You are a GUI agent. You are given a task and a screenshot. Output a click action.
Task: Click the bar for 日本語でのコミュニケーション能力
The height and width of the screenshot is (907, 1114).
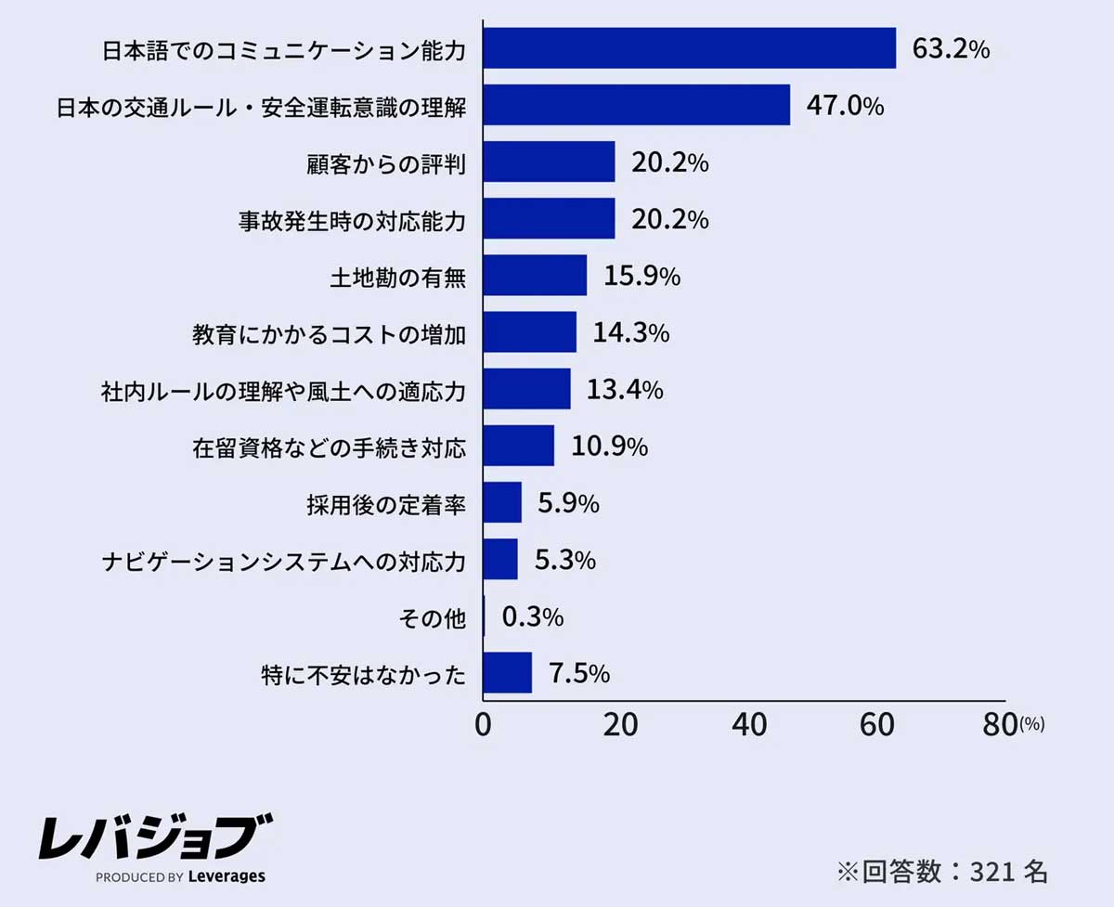click(690, 48)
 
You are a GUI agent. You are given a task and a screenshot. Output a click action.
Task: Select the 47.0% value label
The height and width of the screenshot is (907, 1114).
click(845, 106)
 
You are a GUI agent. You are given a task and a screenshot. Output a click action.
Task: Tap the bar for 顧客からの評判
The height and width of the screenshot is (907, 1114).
click(549, 162)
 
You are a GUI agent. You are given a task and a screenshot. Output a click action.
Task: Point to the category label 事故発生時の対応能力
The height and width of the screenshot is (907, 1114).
click(352, 220)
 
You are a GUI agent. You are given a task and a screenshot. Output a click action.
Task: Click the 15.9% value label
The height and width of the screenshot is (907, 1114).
click(642, 276)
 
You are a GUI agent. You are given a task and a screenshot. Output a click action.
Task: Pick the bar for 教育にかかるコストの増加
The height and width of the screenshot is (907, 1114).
click(529, 332)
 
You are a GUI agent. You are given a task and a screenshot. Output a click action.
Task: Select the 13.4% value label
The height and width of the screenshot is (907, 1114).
click(625, 389)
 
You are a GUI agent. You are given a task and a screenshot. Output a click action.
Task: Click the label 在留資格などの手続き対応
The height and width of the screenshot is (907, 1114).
click(330, 447)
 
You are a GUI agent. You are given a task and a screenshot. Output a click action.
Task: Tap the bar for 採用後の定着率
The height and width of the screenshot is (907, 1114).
click(502, 502)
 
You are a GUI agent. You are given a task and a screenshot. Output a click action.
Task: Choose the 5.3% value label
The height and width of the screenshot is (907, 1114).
click(564, 560)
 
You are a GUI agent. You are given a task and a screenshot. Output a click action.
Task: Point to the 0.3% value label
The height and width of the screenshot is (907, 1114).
click(533, 617)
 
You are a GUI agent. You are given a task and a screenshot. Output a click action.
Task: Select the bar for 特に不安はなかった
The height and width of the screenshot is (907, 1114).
click(508, 673)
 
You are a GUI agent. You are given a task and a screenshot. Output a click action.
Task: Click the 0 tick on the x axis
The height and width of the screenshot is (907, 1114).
click(483, 726)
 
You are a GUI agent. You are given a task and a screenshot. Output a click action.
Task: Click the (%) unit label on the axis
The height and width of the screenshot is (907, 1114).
click(1031, 724)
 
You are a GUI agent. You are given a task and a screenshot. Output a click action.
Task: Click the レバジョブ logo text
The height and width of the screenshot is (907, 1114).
click(155, 838)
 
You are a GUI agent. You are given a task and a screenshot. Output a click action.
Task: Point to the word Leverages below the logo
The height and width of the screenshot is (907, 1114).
click(227, 876)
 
